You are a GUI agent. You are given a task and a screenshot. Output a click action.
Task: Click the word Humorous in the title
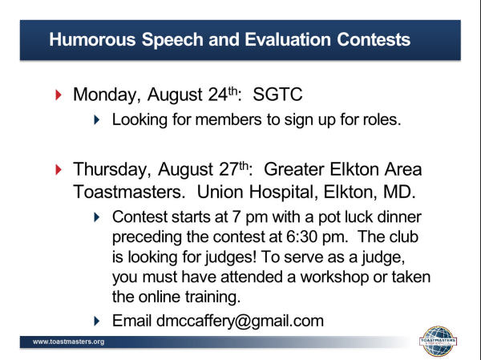point(92,39)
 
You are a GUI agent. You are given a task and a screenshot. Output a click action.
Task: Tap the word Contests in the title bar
point(374,39)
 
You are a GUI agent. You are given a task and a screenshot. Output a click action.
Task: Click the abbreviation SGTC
point(277,95)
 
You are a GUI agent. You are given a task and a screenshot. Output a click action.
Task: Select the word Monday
point(107,95)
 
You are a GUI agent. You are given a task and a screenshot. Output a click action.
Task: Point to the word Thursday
point(112,170)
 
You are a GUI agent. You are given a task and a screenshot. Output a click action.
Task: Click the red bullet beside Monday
point(59,95)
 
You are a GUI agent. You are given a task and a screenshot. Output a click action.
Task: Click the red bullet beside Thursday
point(59,169)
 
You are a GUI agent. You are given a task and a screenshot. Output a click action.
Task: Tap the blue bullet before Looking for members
point(97,119)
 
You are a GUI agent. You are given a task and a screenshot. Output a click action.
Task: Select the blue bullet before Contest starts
point(97,217)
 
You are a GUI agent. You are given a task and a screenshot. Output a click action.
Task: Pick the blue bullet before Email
point(97,321)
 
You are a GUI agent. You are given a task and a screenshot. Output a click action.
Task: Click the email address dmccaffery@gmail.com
point(240,322)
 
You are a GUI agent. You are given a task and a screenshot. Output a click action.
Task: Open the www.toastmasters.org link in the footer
point(68,342)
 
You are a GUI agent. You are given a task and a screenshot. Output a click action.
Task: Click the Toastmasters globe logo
point(438,341)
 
